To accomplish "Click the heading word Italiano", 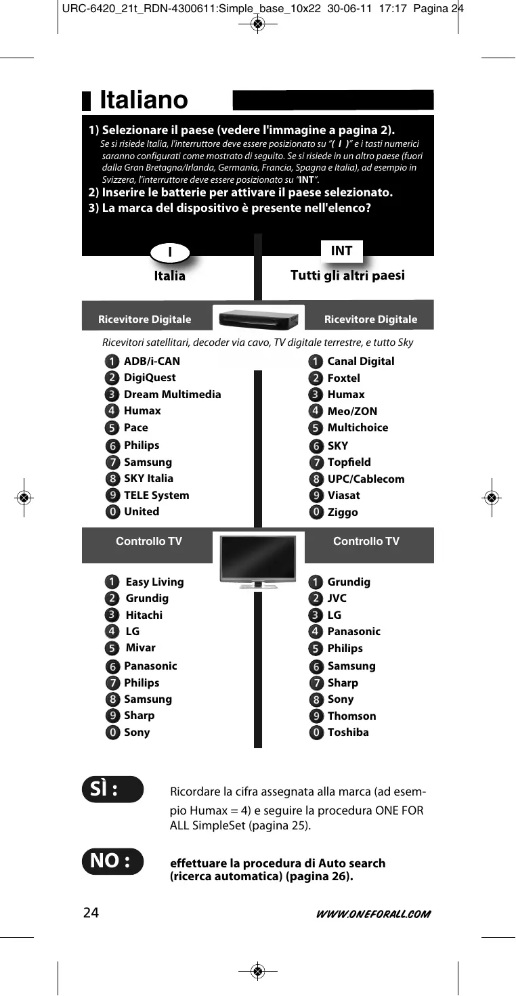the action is tap(144, 100).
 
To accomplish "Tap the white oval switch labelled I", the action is tap(170, 253).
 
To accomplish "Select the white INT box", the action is tap(341, 251).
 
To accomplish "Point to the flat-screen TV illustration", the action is tap(258, 559).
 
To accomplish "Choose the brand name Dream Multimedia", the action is tap(172, 394).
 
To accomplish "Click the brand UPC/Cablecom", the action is tap(366, 479).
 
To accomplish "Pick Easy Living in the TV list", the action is tap(154, 582).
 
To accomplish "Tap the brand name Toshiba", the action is tap(348, 732).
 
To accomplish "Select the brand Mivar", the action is tap(140, 648).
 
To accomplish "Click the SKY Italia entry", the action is tap(148, 478).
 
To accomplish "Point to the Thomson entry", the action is tap(351, 716).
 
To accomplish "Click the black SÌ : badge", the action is tap(112, 789).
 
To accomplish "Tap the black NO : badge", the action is tap(112, 861).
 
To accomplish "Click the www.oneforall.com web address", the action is tap(373, 914).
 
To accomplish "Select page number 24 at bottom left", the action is tap(91, 913).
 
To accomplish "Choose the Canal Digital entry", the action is tap(360, 361).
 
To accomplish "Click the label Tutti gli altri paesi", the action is tap(347, 275).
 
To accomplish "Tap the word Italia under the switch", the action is tap(169, 276).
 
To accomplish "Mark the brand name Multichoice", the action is tap(358, 427).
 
